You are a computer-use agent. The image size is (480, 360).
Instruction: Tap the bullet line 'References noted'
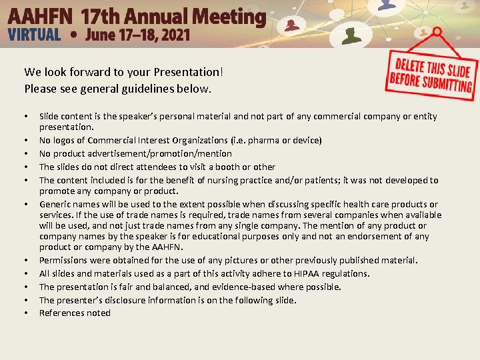75,313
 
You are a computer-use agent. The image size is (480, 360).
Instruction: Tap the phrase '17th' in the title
102,16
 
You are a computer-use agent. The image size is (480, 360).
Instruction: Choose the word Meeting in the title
230,16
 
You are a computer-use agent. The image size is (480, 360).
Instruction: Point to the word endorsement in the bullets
387,236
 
